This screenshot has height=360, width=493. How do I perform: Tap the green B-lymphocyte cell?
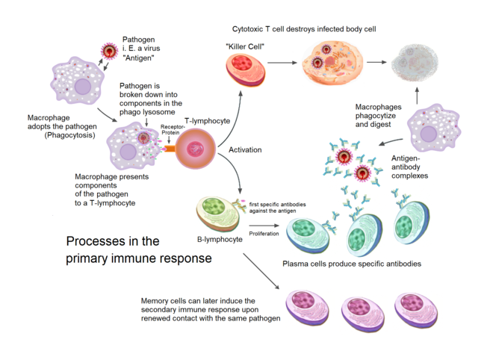click(x=219, y=213)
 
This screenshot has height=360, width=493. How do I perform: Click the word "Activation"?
click(x=245, y=150)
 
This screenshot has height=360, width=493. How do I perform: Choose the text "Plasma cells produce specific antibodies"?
click(x=352, y=264)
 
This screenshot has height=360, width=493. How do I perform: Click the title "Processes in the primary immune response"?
click(x=139, y=249)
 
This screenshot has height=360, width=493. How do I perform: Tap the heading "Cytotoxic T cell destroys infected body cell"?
click(x=304, y=28)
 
